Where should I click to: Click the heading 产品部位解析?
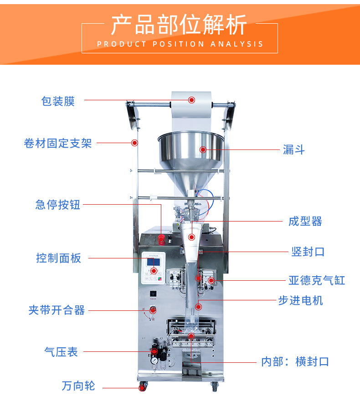pos(179,25)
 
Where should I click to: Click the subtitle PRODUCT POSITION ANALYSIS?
pos(180,44)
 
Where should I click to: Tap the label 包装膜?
pos(58,101)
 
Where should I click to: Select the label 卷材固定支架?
pos(58,144)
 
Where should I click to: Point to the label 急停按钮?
pos(58,205)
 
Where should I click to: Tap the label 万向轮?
pos(78,386)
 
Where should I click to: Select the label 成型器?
pos(305,222)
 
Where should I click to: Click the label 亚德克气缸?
pos(317,280)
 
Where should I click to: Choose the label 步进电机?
pos(301,300)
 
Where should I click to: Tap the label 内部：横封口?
pos(295,362)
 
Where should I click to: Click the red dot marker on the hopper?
pos(203,149)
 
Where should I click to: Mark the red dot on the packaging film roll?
pos(192,100)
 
